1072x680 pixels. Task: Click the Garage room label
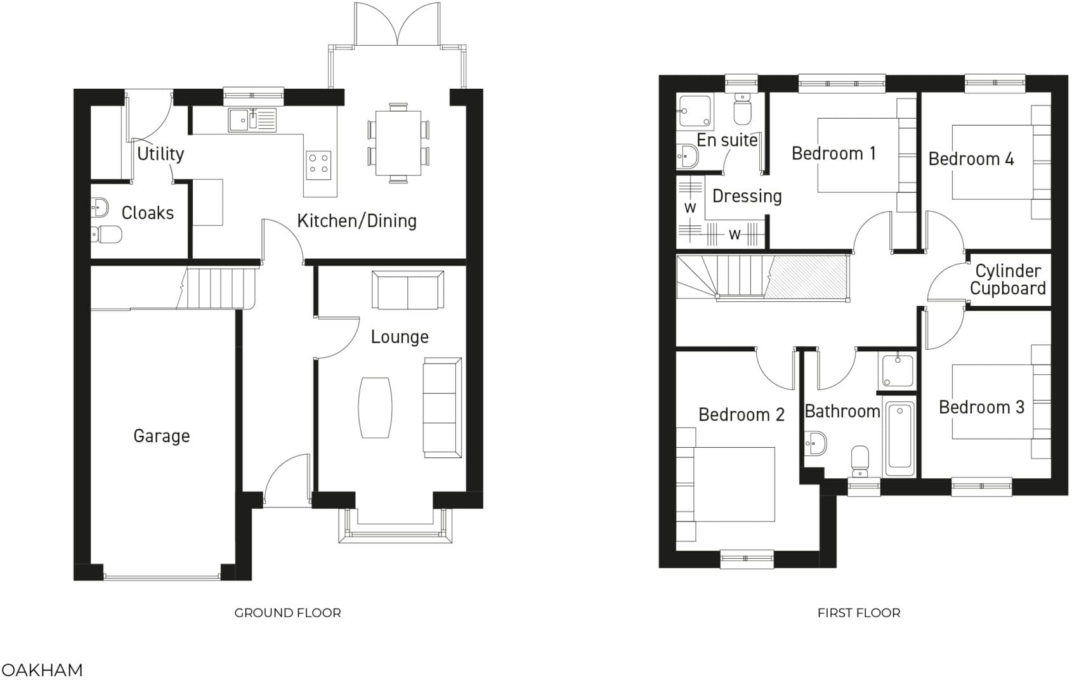tap(161, 436)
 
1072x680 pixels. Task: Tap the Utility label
tap(160, 154)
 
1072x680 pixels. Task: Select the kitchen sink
tap(252, 120)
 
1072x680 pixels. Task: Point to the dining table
tap(398, 143)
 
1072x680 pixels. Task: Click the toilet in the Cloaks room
tap(107, 235)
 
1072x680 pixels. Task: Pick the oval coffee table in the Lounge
tap(375, 407)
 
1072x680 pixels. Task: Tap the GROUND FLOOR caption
tap(287, 613)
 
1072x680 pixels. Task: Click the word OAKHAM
tap(42, 670)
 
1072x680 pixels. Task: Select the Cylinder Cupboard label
tap(1007, 280)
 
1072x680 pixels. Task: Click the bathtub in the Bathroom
tap(899, 438)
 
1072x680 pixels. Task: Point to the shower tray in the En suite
tap(695, 112)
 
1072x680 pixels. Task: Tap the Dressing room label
tap(747, 196)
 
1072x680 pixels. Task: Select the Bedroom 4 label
tap(971, 159)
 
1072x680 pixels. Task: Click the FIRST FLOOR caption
tap(858, 613)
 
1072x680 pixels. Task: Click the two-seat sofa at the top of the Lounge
tap(408, 290)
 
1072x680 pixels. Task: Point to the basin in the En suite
tap(687, 155)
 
